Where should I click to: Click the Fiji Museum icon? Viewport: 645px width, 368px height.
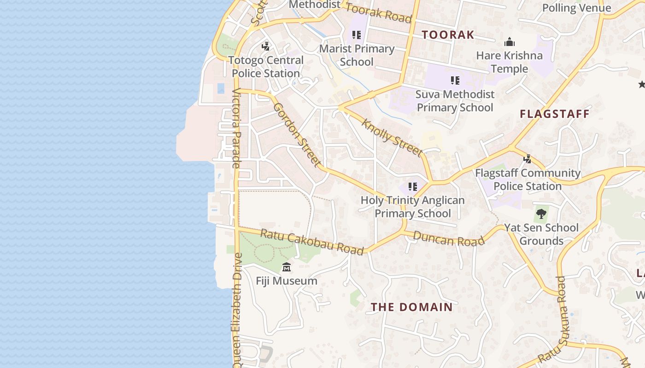[287, 267]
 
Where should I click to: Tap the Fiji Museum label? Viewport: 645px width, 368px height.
[287, 281]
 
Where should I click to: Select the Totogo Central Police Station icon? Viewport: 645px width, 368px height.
[265, 46]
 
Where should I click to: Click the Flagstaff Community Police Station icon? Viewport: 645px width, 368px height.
[528, 159]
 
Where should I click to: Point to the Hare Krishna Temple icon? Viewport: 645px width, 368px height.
[509, 42]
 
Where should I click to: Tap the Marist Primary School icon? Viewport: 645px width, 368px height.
[356, 35]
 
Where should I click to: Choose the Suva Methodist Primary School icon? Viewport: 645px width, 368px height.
[455, 80]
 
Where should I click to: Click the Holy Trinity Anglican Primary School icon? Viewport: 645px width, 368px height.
[412, 187]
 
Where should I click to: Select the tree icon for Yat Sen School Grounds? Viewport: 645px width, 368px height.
[541, 213]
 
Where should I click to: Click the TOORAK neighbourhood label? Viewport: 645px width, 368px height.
[448, 34]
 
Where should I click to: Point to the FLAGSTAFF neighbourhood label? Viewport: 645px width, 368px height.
[555, 114]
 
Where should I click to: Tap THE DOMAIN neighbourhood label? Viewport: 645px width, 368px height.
[412, 307]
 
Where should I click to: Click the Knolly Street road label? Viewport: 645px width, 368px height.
[392, 137]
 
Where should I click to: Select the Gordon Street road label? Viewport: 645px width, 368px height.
[297, 134]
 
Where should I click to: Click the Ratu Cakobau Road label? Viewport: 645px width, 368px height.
[312, 241]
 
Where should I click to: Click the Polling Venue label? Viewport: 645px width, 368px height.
[576, 8]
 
